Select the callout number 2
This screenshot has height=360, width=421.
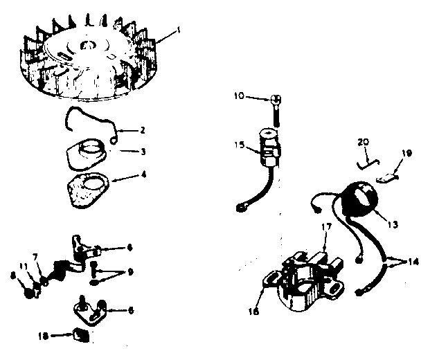pos(142,129)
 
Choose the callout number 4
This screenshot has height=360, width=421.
pos(143,174)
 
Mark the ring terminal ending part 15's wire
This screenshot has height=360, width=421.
pos(242,206)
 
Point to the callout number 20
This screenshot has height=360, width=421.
pos(364,141)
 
